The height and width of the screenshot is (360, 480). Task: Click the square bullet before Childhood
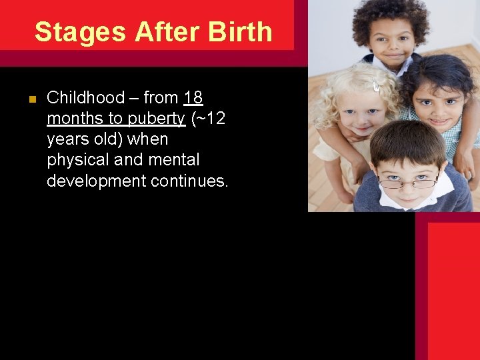click(31, 99)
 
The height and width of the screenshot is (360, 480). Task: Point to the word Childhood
click(86, 98)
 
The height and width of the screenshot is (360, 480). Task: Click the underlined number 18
click(193, 98)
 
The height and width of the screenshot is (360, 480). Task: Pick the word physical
click(76, 160)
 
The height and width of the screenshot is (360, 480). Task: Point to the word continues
click(189, 181)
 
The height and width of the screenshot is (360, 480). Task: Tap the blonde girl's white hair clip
click(377, 85)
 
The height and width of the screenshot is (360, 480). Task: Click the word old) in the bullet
click(116, 139)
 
